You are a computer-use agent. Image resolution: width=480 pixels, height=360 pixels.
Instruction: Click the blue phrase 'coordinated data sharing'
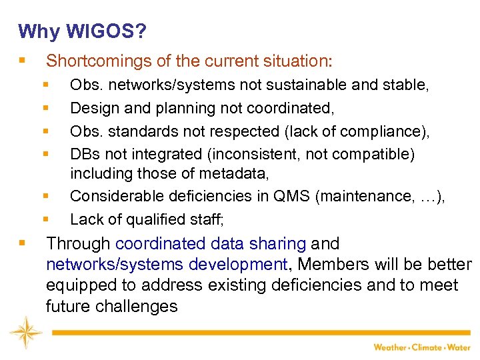211,244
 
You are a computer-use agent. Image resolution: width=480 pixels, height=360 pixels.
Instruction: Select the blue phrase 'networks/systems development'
166,265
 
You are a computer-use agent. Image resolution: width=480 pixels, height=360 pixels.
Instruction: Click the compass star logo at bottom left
25,331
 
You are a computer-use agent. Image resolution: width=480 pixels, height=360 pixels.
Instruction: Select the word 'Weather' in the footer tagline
389,347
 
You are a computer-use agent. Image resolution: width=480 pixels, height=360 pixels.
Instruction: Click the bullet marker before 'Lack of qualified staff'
46,219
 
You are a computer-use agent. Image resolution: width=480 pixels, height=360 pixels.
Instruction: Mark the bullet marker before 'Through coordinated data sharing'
23,244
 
